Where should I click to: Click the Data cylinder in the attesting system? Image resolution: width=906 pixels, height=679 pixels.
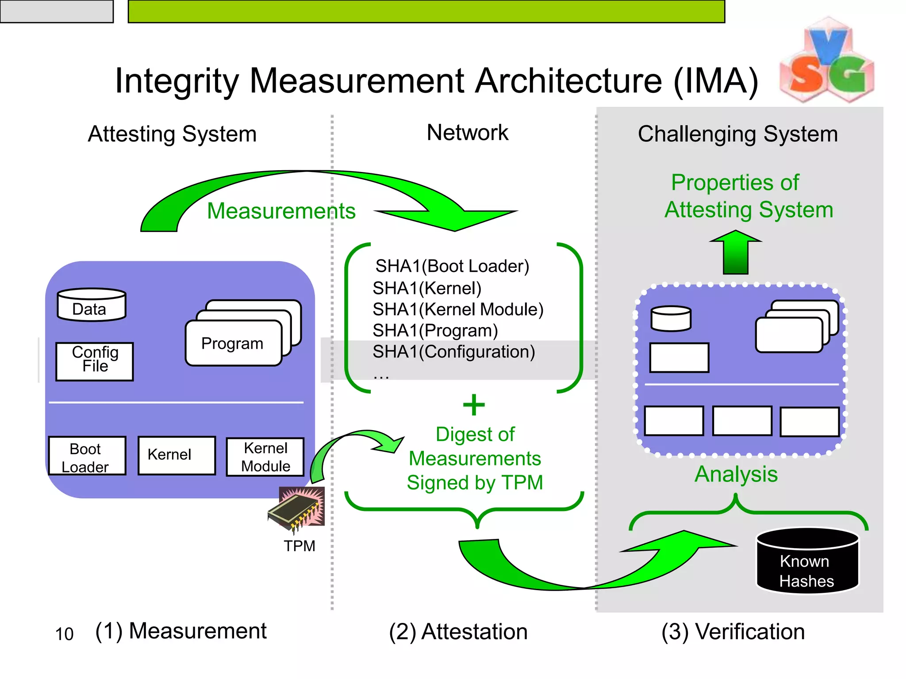pos(92,305)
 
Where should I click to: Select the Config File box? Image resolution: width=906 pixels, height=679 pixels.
pos(95,361)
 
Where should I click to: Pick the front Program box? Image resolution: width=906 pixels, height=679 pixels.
pos(233,343)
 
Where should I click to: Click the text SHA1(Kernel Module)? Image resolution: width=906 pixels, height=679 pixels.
pos(458,309)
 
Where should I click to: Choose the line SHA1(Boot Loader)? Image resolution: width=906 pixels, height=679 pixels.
pos(452,266)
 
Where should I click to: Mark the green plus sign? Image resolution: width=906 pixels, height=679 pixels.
pos(474,405)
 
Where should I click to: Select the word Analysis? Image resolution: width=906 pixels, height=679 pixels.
pos(736,474)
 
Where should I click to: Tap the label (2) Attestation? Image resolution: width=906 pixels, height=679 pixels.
pos(458,632)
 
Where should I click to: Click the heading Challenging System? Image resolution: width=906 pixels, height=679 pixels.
pos(737,134)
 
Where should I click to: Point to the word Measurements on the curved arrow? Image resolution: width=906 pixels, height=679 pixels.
pos(281,211)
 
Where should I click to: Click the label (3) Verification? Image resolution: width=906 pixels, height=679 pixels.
pos(733,632)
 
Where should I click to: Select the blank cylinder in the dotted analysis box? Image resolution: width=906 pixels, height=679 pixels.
pos(671,319)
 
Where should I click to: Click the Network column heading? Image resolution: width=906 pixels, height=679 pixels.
pos(467,133)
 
